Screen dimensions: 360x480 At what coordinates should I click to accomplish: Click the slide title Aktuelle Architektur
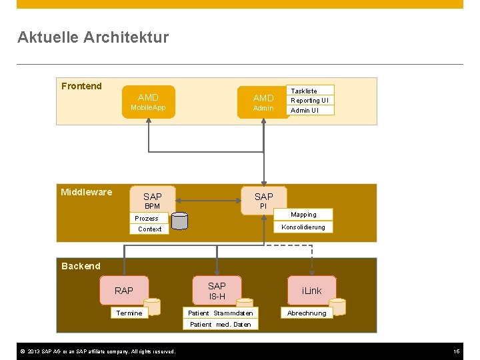coord(93,37)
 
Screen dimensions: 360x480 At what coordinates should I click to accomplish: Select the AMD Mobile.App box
coord(148,102)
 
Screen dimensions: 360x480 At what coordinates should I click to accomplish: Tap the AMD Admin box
coord(263,102)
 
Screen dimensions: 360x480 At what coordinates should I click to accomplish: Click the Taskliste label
coord(304,91)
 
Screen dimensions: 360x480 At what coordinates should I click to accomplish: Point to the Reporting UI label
coord(309,101)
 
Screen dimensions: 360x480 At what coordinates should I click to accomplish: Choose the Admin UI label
coord(305,111)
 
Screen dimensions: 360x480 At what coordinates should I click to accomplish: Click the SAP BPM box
coord(152,200)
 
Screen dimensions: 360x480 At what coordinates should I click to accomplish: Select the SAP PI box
coord(263,200)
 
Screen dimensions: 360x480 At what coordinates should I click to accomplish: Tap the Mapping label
coord(303,215)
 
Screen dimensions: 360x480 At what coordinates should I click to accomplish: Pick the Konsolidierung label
coord(303,227)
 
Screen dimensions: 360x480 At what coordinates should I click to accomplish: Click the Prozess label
coord(147,219)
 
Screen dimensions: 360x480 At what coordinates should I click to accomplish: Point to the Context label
coord(149,229)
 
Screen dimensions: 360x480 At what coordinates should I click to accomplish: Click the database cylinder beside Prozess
coord(179,221)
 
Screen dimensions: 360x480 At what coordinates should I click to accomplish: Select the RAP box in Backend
coord(124,291)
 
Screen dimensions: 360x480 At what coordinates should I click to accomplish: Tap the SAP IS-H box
coord(217,291)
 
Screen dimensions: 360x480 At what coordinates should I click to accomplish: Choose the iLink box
coord(311,291)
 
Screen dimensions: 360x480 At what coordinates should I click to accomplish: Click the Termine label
coord(129,313)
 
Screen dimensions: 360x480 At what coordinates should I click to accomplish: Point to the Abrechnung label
coord(307,313)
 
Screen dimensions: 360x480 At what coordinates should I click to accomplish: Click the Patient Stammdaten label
coord(220,313)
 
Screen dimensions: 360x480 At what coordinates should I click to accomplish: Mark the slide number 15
coord(457,351)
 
